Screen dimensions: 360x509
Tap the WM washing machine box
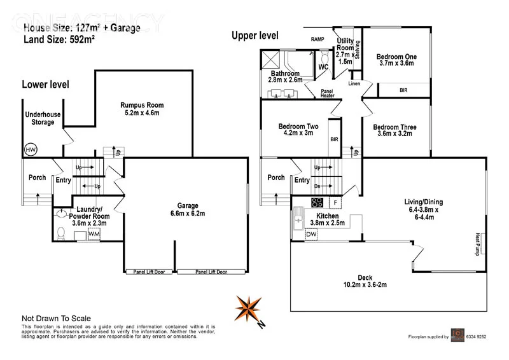tap(94, 235)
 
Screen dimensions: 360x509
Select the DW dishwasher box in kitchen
tap(311, 235)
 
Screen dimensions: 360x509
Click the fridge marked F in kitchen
tap(334, 202)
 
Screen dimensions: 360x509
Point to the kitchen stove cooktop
tap(316, 202)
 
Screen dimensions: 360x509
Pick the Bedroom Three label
tap(394, 130)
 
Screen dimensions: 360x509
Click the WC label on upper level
tap(323, 67)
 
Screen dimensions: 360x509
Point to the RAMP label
tap(318, 39)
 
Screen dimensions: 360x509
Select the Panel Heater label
tap(327, 93)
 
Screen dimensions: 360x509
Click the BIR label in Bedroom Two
tap(334, 139)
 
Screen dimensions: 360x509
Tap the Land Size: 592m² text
tap(59, 39)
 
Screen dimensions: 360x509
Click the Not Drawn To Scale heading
tap(56, 319)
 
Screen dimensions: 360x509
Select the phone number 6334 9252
tap(474, 336)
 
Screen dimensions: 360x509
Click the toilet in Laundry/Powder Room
tap(60, 233)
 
